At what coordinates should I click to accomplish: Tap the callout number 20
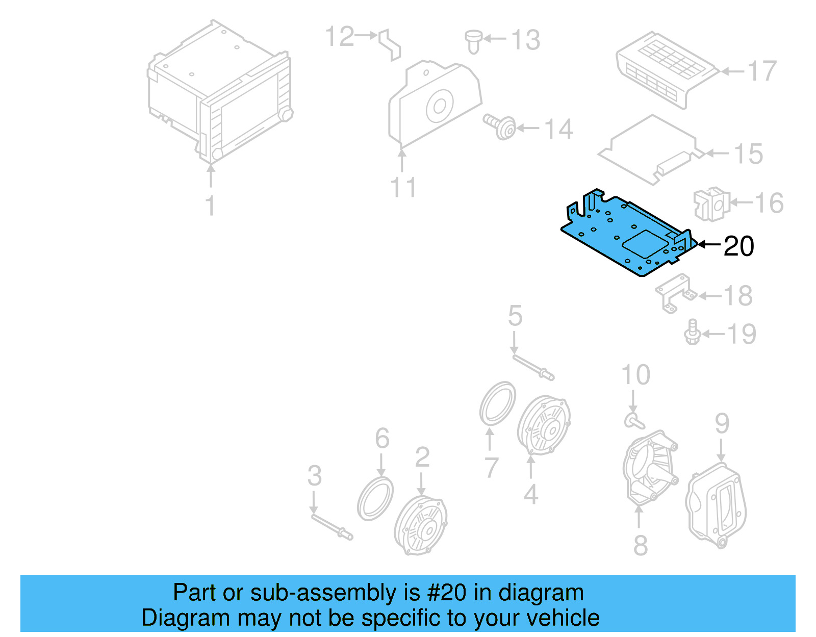coord(738,246)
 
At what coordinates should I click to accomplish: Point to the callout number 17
coord(762,71)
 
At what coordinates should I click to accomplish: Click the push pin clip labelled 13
coord(474,40)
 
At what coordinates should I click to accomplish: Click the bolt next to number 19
coord(692,332)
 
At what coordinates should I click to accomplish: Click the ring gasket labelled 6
coord(375,499)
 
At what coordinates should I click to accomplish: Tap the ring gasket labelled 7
coord(497,403)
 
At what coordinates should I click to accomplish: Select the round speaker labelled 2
coord(421,525)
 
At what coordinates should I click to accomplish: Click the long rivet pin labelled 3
coord(331,527)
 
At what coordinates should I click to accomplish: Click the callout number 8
coord(641,545)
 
